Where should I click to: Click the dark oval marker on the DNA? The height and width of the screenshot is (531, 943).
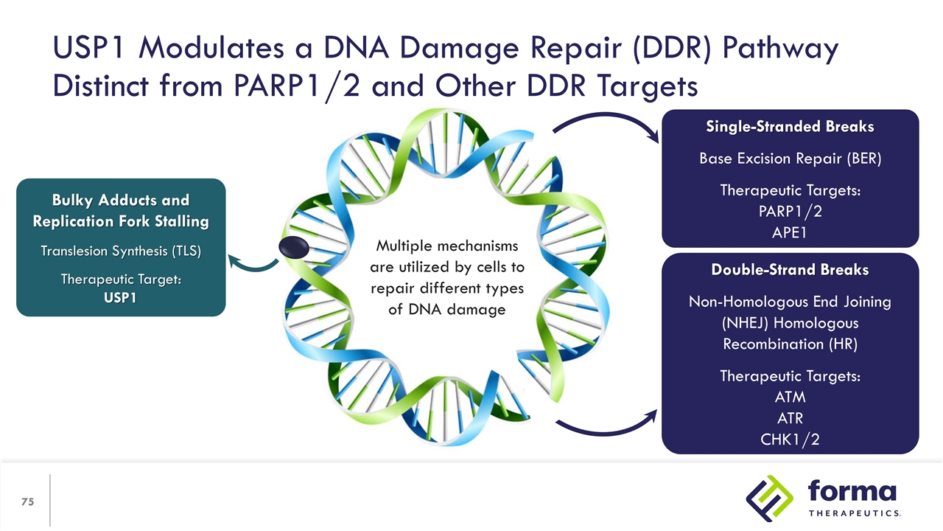click(x=294, y=249)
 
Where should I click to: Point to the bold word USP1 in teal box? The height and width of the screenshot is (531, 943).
click(x=120, y=297)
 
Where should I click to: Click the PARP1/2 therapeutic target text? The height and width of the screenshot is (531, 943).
click(x=790, y=212)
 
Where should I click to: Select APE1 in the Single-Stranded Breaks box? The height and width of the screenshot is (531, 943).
click(x=790, y=232)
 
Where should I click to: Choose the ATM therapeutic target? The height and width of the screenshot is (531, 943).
click(x=790, y=398)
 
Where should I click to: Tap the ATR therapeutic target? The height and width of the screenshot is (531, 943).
click(x=790, y=418)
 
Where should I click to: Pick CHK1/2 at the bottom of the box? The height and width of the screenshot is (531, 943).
click(x=790, y=440)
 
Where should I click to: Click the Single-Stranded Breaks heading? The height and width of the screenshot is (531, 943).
click(x=790, y=127)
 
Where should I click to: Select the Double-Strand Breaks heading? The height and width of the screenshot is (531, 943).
click(x=790, y=270)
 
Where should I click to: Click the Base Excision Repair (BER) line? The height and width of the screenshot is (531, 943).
click(x=790, y=159)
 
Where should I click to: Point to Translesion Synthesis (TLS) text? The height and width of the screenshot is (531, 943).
click(x=121, y=251)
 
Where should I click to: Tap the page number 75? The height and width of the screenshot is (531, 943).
click(x=28, y=502)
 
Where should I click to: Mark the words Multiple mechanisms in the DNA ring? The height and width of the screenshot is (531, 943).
click(x=447, y=246)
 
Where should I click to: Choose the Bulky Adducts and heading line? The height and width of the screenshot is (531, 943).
click(x=120, y=200)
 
